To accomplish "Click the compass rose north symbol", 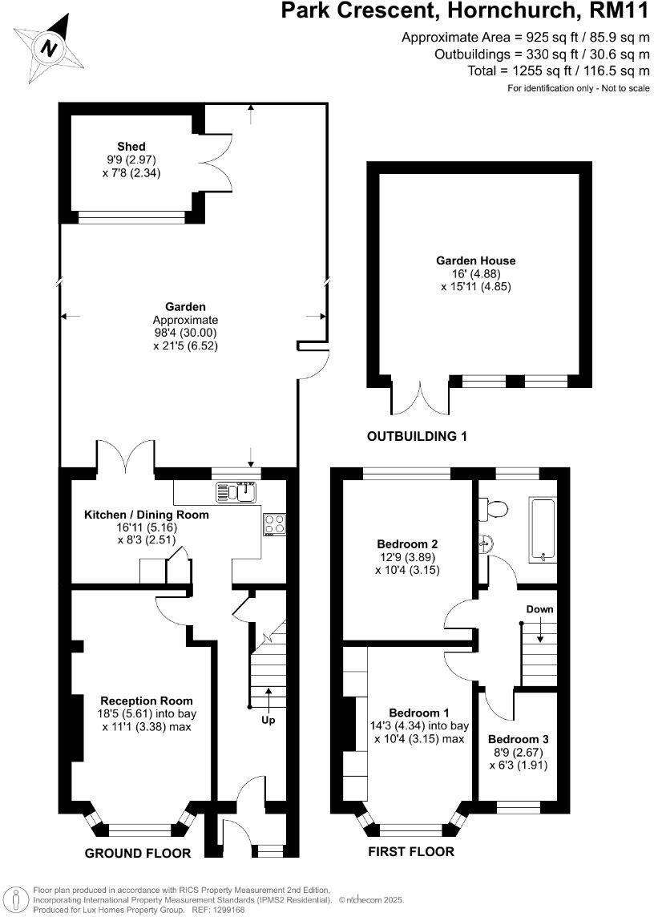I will pyautogui.click(x=50, y=48).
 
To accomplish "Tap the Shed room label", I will pyautogui.click(x=131, y=147).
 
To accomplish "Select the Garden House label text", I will pyautogui.click(x=475, y=261).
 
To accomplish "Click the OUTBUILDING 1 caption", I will pyautogui.click(x=417, y=437).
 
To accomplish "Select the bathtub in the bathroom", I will pyautogui.click(x=543, y=527).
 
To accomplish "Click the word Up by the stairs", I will pyautogui.click(x=268, y=721).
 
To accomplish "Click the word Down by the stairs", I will pyautogui.click(x=539, y=609).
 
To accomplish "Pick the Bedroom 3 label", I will pyautogui.click(x=518, y=739).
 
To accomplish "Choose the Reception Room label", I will pyautogui.click(x=147, y=701).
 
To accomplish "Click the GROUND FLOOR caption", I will pyautogui.click(x=138, y=854).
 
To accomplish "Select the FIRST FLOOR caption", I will pyautogui.click(x=410, y=852).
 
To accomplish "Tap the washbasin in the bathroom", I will pyautogui.click(x=485, y=544).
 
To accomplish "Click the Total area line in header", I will pyautogui.click(x=559, y=71).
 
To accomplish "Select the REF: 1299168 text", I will pyautogui.click(x=216, y=910).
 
